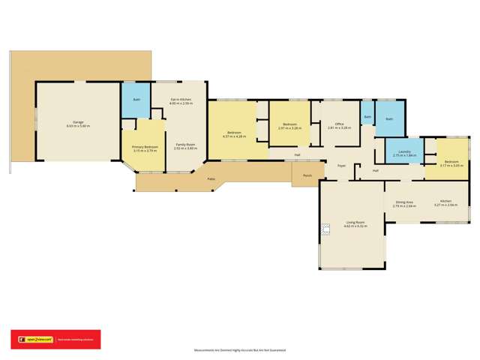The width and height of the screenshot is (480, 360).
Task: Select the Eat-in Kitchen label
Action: pos(181,100)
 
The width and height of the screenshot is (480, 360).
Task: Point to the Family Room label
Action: pos(185,144)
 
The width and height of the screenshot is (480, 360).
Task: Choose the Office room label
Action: pos(339,124)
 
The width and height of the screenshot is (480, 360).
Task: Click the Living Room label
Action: pos(355,222)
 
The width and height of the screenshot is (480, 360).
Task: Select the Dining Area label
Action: pos(405,202)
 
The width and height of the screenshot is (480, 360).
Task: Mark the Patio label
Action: pos(212,179)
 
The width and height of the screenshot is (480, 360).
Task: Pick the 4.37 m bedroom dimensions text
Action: pos(235,136)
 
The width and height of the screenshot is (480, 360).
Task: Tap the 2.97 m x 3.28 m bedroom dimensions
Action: pos(289,128)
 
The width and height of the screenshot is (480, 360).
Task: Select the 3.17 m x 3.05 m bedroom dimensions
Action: pos(451,165)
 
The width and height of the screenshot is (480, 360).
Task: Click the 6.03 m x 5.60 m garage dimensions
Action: pos(78,126)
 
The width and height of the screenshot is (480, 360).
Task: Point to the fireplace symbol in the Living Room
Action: pos(325,229)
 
